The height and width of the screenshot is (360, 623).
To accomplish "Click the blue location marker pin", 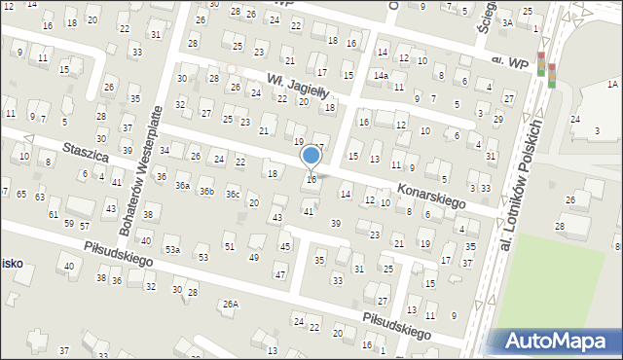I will (311, 156).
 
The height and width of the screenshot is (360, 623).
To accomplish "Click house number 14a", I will (381, 75).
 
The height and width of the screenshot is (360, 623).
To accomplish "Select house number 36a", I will (182, 185).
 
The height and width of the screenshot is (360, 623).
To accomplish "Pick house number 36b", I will (206, 191).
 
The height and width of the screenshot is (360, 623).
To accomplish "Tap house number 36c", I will (233, 195).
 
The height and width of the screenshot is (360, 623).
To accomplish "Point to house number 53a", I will (172, 250).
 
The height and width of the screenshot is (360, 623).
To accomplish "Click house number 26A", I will (230, 304).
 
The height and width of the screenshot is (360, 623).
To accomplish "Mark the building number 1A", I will (612, 85).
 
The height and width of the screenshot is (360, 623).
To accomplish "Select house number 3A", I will (507, 21).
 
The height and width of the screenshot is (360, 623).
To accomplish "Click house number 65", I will (21, 195).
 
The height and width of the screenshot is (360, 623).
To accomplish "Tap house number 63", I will (39, 197).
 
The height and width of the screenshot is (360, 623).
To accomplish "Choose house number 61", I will (55, 213).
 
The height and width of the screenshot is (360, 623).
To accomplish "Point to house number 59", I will (68, 224).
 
